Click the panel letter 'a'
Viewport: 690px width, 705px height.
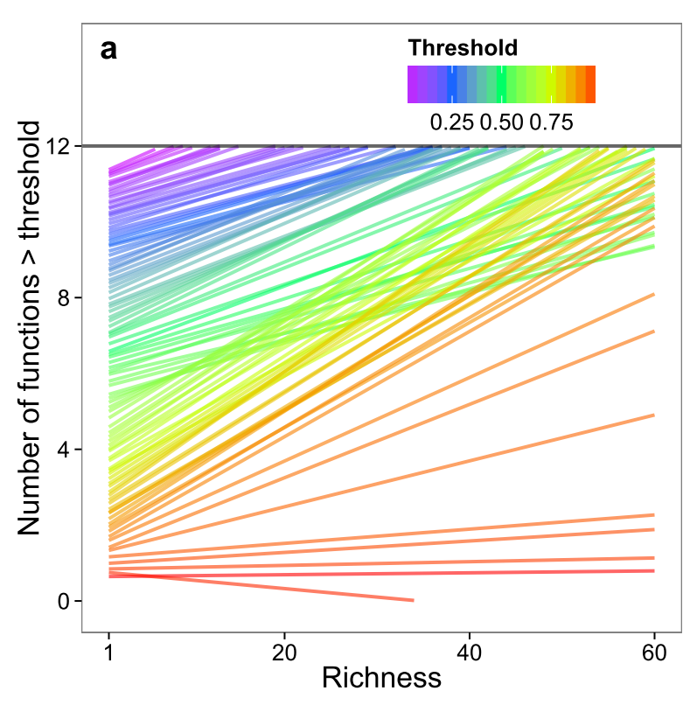(108, 50)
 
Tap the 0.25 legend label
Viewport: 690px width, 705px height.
(451, 122)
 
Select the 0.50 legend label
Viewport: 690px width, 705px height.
(501, 122)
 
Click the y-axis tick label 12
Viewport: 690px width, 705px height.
(59, 147)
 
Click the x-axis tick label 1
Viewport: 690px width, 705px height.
(108, 653)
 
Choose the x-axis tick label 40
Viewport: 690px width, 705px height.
(470, 653)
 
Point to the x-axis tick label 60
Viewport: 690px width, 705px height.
(654, 653)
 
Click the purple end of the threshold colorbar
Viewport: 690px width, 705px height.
(412, 85)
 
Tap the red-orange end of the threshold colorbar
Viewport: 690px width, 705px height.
(590, 85)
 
